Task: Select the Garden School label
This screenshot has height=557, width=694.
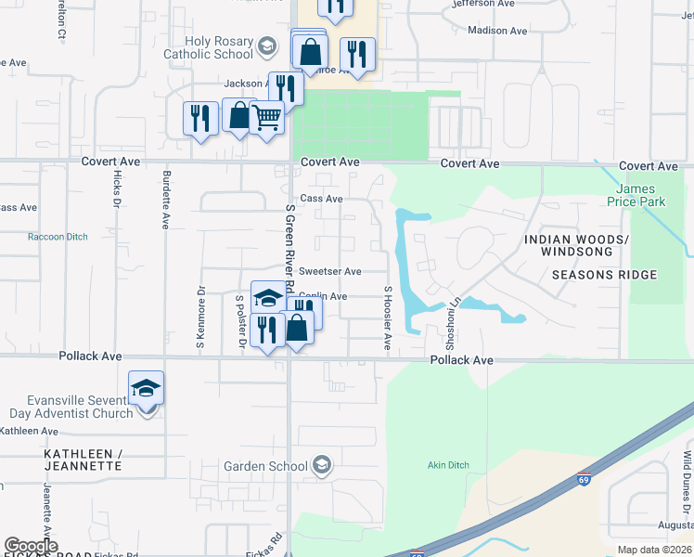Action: pyautogui.click(x=266, y=466)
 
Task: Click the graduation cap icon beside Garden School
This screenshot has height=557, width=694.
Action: pyautogui.click(x=322, y=464)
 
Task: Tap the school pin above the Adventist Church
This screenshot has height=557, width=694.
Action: pyautogui.click(x=147, y=388)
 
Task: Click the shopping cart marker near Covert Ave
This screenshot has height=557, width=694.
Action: pyautogui.click(x=266, y=118)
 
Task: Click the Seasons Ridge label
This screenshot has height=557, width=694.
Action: pyautogui.click(x=604, y=275)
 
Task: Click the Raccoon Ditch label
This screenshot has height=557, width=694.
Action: pyautogui.click(x=58, y=237)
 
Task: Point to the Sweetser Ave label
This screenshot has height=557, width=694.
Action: pyautogui.click(x=329, y=271)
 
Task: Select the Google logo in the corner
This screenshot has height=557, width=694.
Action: pyautogui.click(x=32, y=546)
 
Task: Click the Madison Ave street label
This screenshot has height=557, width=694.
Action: pyautogui.click(x=500, y=31)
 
